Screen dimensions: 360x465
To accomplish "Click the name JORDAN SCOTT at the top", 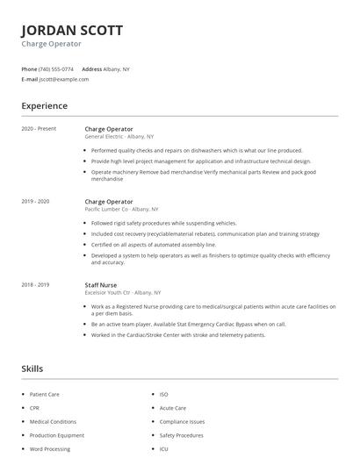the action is [72, 30].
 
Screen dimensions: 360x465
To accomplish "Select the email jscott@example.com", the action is [64, 79].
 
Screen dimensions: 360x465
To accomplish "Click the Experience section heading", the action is [44, 106].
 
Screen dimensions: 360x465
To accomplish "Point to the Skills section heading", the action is [32, 368].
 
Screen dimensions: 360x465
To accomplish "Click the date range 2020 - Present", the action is [39, 128].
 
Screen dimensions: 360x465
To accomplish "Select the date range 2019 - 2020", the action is [36, 201].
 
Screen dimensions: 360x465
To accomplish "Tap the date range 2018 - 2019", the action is [36, 284].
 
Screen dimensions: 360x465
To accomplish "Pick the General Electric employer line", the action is [119, 137].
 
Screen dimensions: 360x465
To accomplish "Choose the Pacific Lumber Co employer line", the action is [121, 210].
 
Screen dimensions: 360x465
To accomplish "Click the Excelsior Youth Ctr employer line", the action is [123, 292].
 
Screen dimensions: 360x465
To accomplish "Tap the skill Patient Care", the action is [44, 395].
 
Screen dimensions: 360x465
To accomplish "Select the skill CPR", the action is [35, 408].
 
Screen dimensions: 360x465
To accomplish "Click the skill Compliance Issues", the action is [181, 421].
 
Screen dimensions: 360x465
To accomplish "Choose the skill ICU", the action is [163, 448].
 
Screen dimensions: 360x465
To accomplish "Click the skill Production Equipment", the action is [57, 435].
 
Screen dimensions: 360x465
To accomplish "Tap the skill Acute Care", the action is [173, 408].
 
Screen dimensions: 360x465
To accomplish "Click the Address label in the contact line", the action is [91, 68].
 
